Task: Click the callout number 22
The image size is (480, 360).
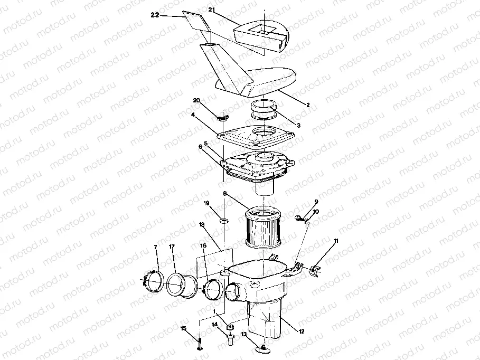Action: [x=155, y=16]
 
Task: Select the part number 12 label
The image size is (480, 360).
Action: [x=302, y=331]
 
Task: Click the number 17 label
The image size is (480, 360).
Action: [x=172, y=247]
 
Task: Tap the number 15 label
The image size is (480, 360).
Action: [x=184, y=328]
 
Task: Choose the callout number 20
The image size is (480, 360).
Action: [x=196, y=100]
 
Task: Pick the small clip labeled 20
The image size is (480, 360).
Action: [x=223, y=117]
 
